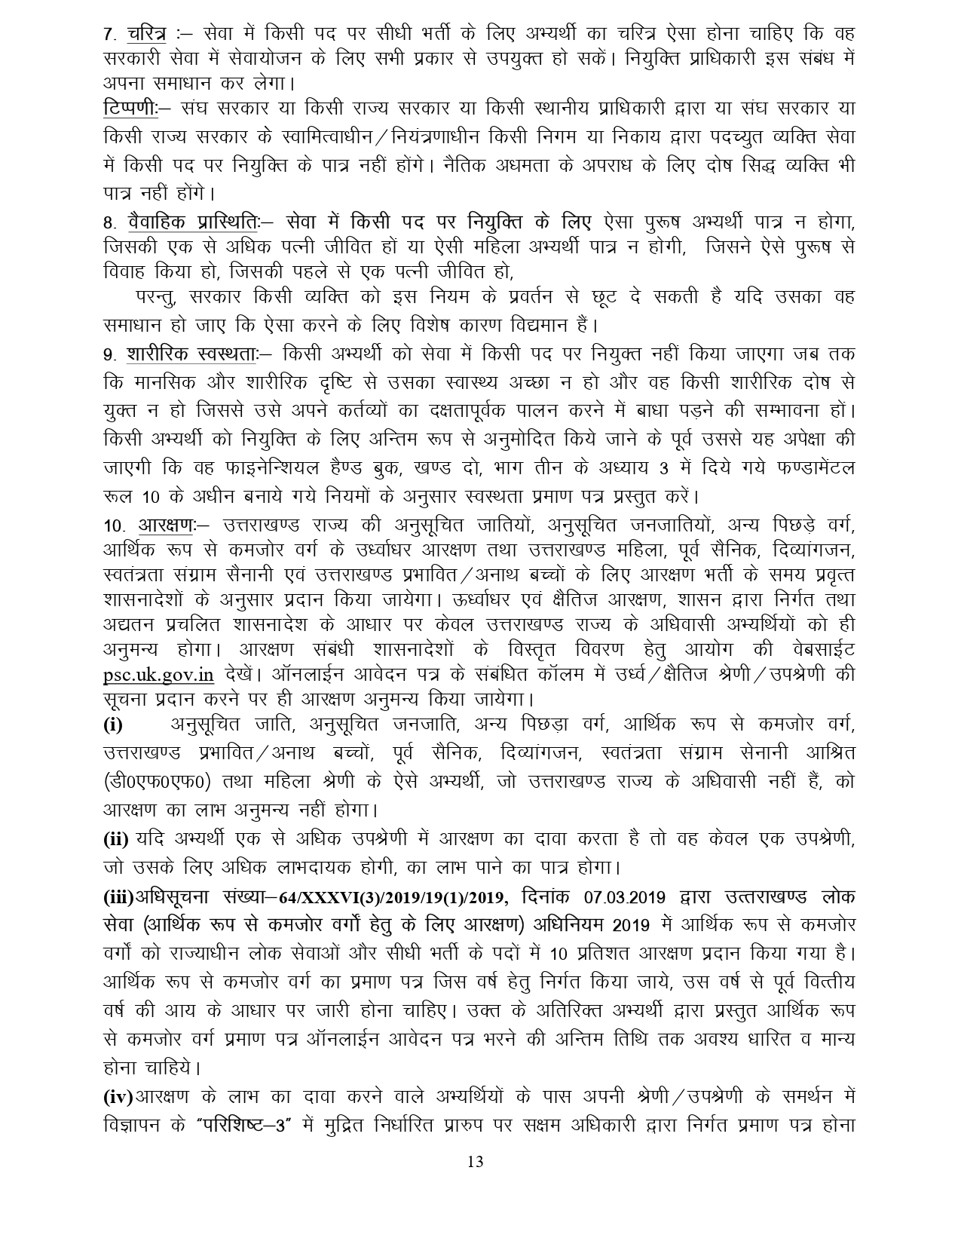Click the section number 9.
click(x=109, y=354)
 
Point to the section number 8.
click(x=109, y=223)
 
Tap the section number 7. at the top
click(x=109, y=35)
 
